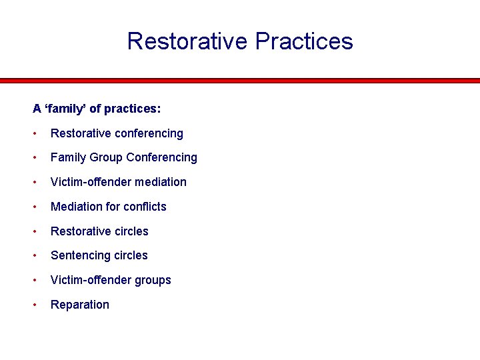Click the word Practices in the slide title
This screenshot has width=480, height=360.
[x=304, y=41]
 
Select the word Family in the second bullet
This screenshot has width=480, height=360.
[x=67, y=158]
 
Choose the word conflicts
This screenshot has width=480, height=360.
[x=145, y=207]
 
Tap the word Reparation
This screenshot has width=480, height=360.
[x=80, y=305]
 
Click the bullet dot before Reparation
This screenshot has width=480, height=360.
[x=35, y=305]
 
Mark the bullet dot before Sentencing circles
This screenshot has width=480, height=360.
[x=35, y=256]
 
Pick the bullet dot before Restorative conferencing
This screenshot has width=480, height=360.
[x=35, y=134]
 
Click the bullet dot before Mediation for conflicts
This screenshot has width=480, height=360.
[x=35, y=207]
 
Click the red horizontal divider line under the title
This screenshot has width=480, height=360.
[x=240, y=81]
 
